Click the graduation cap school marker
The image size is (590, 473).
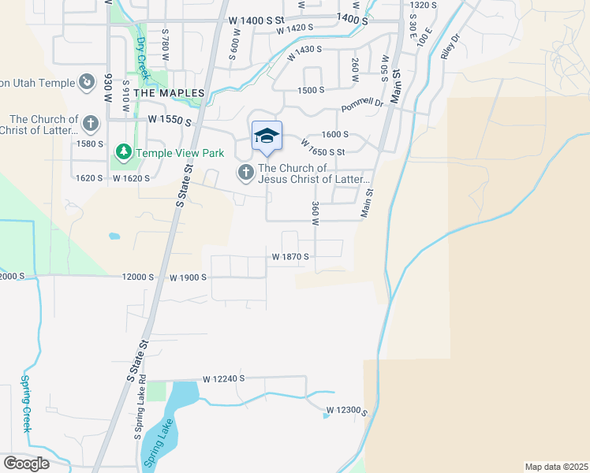[x=267, y=136]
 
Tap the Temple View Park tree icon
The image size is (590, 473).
[x=123, y=151]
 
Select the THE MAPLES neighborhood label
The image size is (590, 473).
[x=169, y=93]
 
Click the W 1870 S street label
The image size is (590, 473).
[x=290, y=257]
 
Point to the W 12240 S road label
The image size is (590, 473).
[x=224, y=379]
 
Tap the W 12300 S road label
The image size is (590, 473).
[x=349, y=411]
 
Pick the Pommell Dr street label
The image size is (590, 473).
[x=362, y=104]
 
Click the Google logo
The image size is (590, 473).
[x=26, y=464]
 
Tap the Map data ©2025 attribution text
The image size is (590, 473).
[x=556, y=467]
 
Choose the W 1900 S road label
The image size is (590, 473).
[x=188, y=277]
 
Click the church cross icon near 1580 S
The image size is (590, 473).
[x=91, y=124]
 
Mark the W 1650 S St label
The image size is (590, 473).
[x=323, y=147]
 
